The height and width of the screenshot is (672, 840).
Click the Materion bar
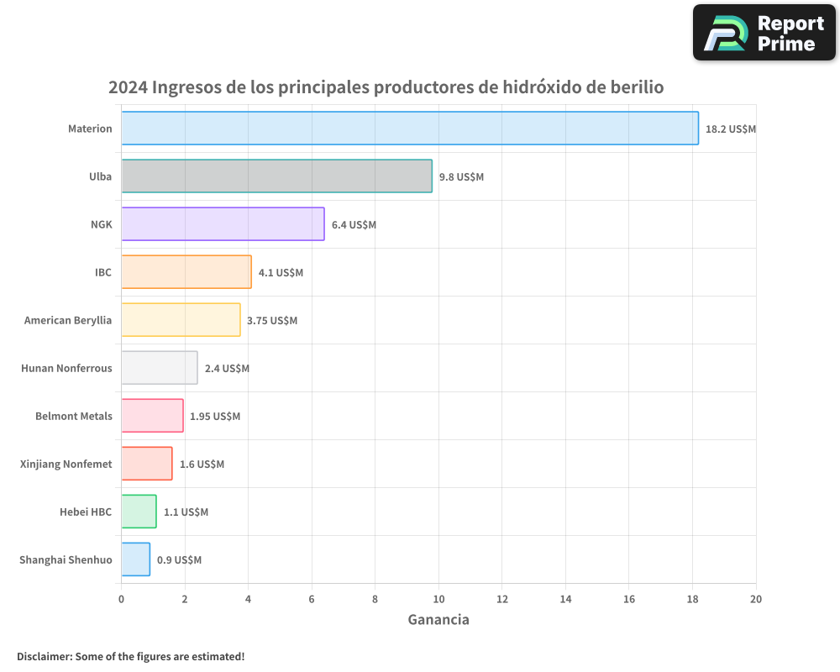[x=410, y=128]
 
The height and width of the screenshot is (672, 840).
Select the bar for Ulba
[x=276, y=176]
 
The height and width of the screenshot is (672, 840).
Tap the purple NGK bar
[x=223, y=223]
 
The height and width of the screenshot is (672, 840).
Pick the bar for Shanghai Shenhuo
[x=136, y=559]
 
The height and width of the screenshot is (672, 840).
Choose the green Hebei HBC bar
[x=139, y=512]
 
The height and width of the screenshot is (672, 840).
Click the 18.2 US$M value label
[x=731, y=129]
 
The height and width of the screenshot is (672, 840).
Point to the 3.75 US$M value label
[x=272, y=321]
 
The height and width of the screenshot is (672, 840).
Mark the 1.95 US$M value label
[x=215, y=417]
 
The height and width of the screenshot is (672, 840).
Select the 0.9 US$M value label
[x=179, y=560]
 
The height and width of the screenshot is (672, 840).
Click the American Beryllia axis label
[x=68, y=320]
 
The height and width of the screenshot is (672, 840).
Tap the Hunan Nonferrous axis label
[x=66, y=368]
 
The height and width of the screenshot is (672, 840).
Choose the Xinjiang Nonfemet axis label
[x=66, y=464]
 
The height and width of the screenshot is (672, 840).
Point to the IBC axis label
[x=103, y=272]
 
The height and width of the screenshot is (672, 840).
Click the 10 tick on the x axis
[x=438, y=599]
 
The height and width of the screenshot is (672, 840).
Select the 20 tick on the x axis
[x=756, y=599]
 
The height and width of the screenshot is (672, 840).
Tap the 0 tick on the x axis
[x=121, y=599]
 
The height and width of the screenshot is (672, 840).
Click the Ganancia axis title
[x=438, y=620]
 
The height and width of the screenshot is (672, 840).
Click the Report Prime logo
[x=764, y=33]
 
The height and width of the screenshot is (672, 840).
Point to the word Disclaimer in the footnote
[x=44, y=656]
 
